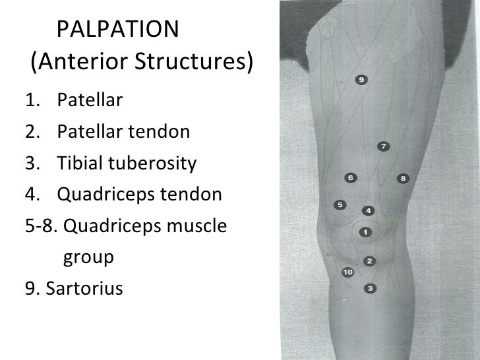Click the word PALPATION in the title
(118, 29)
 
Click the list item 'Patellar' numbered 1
(90, 101)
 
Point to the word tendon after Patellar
(162, 133)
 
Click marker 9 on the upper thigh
(361, 80)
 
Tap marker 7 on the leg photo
(383, 146)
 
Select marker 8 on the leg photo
(404, 178)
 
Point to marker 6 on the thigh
(350, 178)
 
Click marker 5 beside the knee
(340, 205)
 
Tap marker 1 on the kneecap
(364, 232)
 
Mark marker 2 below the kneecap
(369, 261)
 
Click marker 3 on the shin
(370, 288)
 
